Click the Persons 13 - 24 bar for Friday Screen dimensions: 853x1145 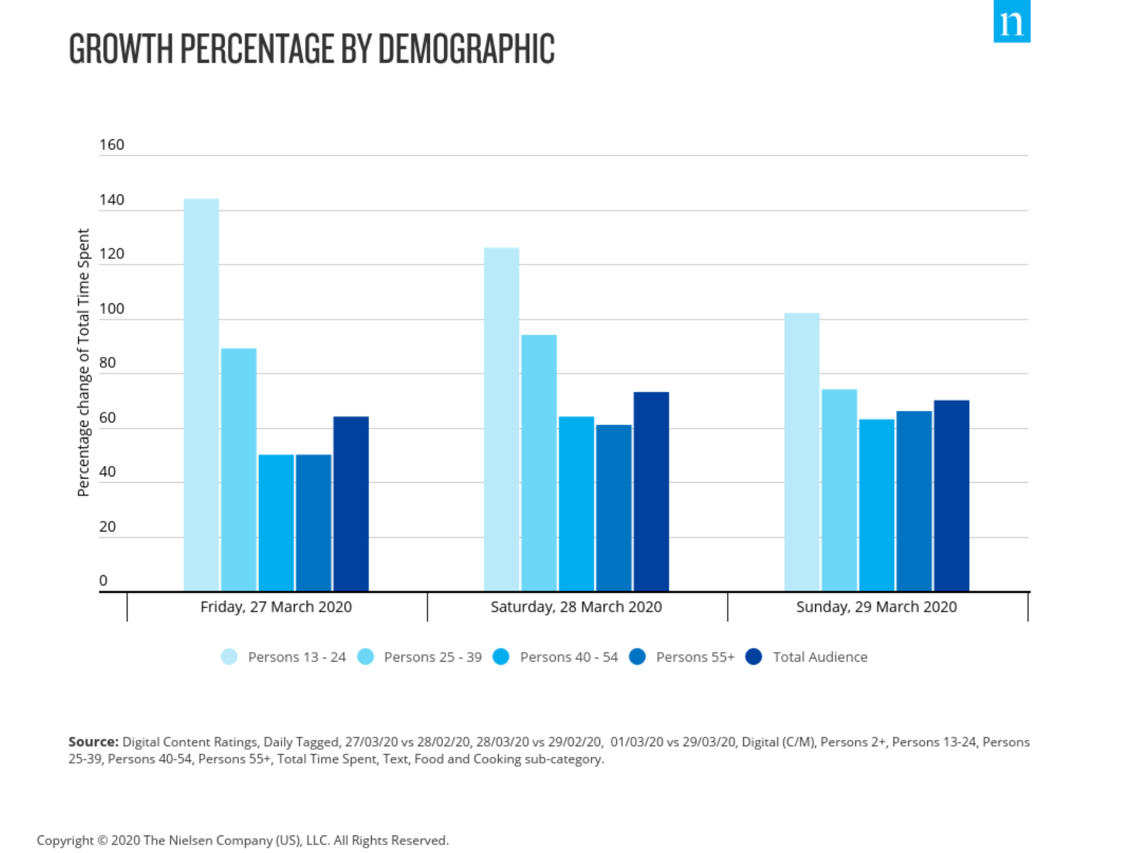coord(201,394)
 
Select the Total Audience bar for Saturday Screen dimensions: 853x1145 coord(651,491)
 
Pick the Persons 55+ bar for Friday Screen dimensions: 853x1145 coord(313,522)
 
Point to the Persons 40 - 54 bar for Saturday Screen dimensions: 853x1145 coord(576,503)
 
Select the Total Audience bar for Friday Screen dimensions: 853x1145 coord(350,503)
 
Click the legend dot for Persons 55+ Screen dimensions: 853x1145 coord(637,657)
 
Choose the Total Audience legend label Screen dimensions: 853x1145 coord(820,657)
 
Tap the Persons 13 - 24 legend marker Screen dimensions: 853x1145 coord(229,657)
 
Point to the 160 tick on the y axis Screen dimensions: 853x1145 coord(111,145)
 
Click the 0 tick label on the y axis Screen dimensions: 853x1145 coord(103,580)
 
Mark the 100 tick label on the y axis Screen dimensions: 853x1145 coord(111,309)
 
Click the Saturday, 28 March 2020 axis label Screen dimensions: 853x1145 coord(576,607)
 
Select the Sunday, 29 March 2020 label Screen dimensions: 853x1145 coord(876,607)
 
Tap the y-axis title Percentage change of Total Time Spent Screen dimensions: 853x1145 coord(83,363)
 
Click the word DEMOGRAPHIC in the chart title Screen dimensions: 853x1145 coord(466,49)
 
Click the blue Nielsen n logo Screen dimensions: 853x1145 coord(1011,23)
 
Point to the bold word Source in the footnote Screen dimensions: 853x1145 coord(93,742)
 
